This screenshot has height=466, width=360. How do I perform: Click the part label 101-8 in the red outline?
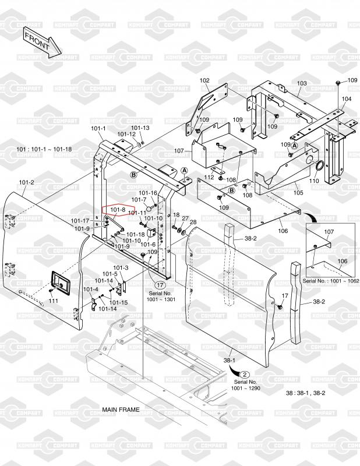pyautogui.click(x=118, y=210)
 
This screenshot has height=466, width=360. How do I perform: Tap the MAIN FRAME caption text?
pyautogui.click(x=121, y=409)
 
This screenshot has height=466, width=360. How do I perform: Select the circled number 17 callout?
pyautogui.click(x=160, y=285)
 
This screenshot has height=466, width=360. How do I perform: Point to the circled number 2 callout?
pyautogui.click(x=245, y=375)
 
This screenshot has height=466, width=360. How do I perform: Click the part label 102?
pyautogui.click(x=204, y=80)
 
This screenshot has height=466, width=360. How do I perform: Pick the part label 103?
pyautogui.click(x=302, y=83)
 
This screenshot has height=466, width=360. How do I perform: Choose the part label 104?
pyautogui.click(x=347, y=98)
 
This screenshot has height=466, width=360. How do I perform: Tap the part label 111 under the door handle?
pyautogui.click(x=54, y=301)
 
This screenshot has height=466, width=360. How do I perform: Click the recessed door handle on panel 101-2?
pyautogui.click(x=61, y=283)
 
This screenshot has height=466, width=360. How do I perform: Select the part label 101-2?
pyautogui.click(x=26, y=182)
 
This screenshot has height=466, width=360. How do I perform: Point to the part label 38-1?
pyautogui.click(x=230, y=361)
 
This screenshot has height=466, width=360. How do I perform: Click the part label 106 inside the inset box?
pyautogui.click(x=343, y=261)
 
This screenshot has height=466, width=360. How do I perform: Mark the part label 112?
pyautogui.click(x=209, y=177)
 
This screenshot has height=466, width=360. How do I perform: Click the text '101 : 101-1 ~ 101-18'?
pyautogui.click(x=44, y=149)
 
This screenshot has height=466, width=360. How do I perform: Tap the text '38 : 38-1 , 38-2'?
pyautogui.click(x=306, y=393)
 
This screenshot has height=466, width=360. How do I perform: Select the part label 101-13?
pyautogui.click(x=140, y=128)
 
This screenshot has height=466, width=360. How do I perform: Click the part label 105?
pyautogui.click(x=298, y=193)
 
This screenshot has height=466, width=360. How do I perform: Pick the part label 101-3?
pyautogui.click(x=121, y=268)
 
